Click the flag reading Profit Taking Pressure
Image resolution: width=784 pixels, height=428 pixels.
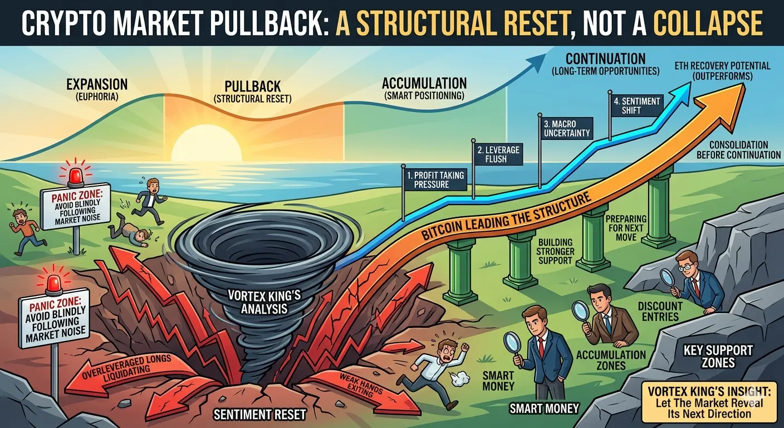click(x=435, y=179)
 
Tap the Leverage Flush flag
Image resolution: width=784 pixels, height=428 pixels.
click(x=498, y=155)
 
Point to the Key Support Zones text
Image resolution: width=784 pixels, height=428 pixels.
click(x=718, y=357)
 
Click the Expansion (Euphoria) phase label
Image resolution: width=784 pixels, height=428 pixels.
click(x=97, y=90)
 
